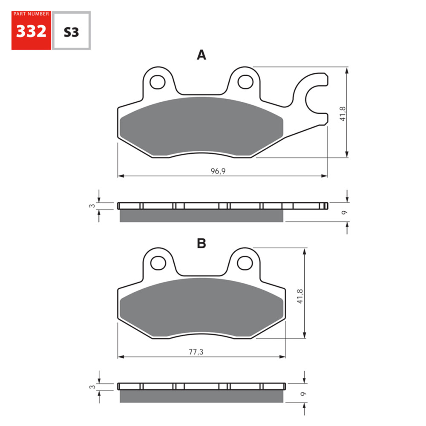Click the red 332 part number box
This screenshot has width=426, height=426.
click(31, 31)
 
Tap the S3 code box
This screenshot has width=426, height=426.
click(71, 32)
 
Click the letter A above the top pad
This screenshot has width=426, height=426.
click(201, 55)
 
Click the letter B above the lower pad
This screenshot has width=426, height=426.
click(201, 243)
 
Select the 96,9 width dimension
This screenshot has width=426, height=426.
click(218, 171)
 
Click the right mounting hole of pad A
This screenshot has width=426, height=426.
click(245, 81)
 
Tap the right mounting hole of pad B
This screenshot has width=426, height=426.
click(245, 262)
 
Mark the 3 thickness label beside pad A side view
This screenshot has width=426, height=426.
click(91, 206)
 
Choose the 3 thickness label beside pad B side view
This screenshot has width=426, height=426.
click(91, 387)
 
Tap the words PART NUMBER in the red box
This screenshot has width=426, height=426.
click(31, 14)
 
